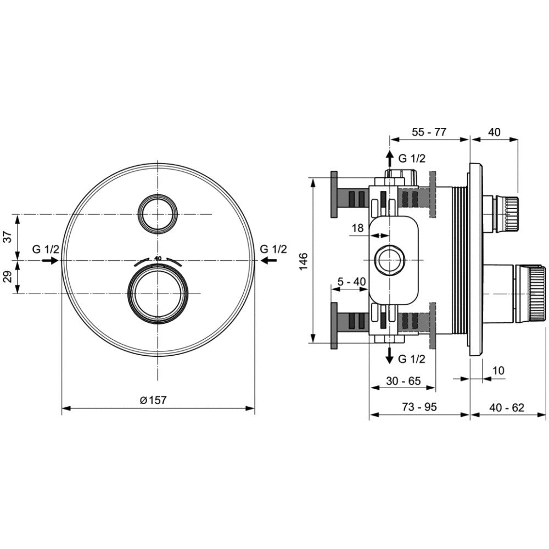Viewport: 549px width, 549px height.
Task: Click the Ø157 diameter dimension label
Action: pyautogui.click(x=153, y=401)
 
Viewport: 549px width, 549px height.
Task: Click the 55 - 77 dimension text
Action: pyautogui.click(x=429, y=132)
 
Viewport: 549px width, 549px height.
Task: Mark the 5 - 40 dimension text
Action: pyautogui.click(x=351, y=282)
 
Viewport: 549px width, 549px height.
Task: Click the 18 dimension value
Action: pyautogui.click(x=357, y=228)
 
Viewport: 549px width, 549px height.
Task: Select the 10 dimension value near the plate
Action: pyautogui.click(x=498, y=371)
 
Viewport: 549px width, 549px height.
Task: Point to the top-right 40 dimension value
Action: pyautogui.click(x=494, y=132)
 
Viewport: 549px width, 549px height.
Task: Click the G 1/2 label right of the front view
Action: pyautogui.click(x=273, y=249)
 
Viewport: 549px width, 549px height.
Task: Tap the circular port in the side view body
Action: pyautogui.click(x=389, y=259)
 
